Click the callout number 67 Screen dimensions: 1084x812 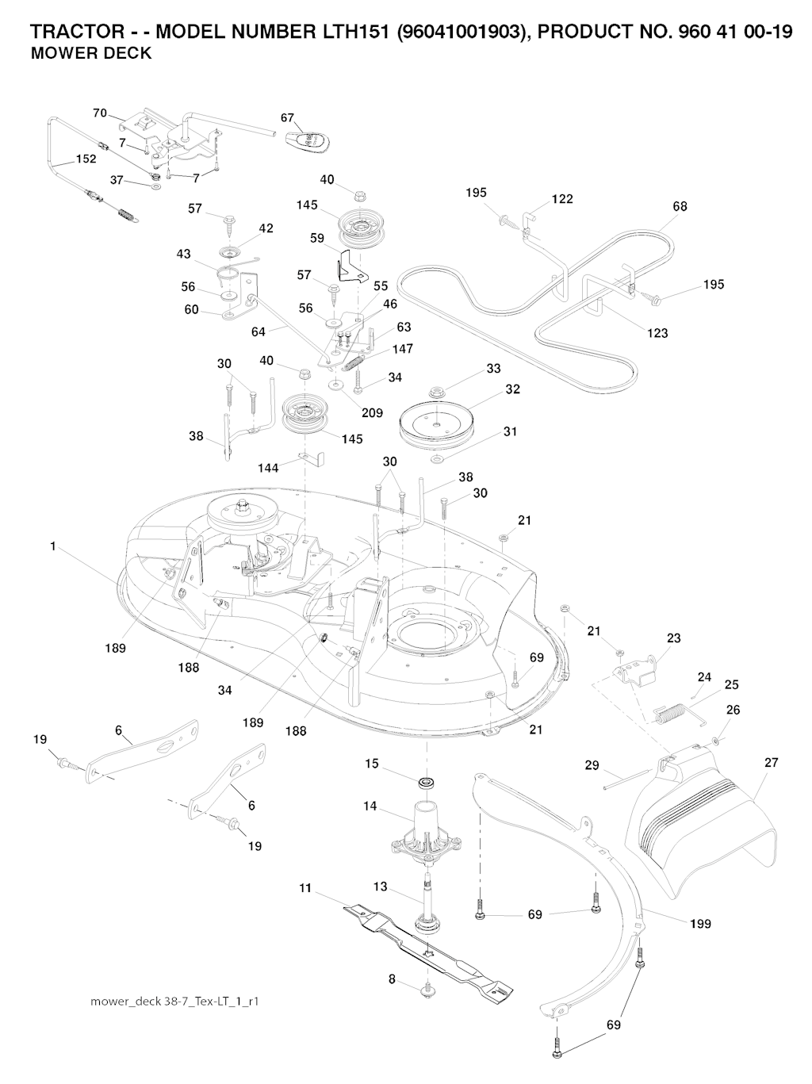(x=288, y=118)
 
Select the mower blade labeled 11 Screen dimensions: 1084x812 (x=428, y=947)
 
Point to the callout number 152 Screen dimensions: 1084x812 (x=86, y=159)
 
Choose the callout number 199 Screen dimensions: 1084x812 (x=700, y=924)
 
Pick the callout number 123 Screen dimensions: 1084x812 (x=657, y=333)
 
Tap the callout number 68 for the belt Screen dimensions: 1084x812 (x=680, y=206)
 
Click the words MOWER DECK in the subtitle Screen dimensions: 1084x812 (x=90, y=55)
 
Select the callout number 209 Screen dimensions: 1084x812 (x=372, y=412)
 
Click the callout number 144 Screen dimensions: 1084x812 (x=268, y=468)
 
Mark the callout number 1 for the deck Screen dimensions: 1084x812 (x=53, y=546)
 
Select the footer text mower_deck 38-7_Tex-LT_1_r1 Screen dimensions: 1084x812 (x=175, y=1002)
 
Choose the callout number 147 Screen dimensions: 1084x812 (x=402, y=349)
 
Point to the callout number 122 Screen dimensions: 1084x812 (x=562, y=199)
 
